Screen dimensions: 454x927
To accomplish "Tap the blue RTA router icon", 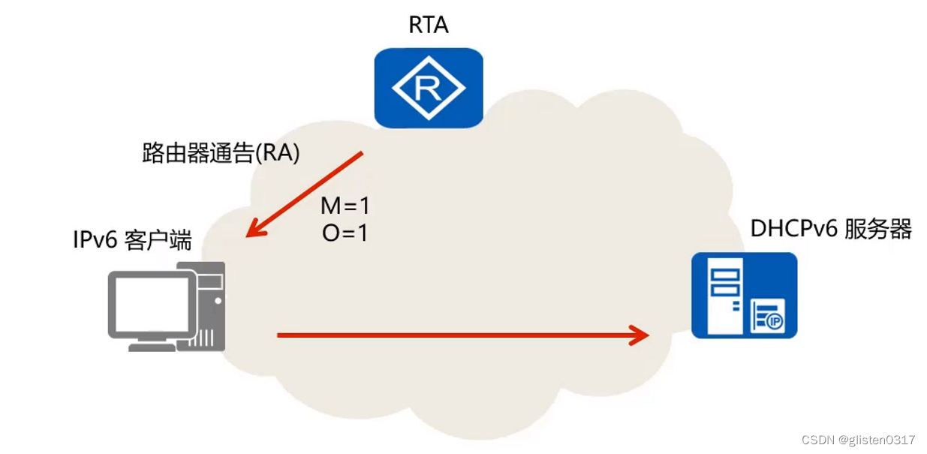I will tap(428, 88).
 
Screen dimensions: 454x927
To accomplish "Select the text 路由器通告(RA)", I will tap(221, 152).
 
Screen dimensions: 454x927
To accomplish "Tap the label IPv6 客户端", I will tap(132, 240).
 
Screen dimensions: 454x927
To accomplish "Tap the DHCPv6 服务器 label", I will tap(831, 229).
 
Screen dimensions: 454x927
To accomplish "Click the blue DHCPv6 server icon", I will tap(744, 295).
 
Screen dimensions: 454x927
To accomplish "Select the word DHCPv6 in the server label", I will tap(793, 229).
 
